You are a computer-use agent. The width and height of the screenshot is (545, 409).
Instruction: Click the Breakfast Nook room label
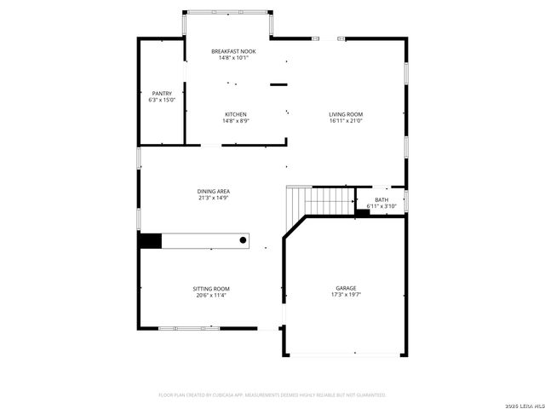[233, 52]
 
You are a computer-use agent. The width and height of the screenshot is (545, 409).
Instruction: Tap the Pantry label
[162, 94]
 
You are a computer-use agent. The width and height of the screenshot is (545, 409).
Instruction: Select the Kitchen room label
[236, 114]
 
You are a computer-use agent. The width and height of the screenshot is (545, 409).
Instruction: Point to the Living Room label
[346, 114]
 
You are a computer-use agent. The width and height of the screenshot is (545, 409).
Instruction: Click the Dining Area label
[214, 191]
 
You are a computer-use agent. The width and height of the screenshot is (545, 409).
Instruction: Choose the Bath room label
[381, 199]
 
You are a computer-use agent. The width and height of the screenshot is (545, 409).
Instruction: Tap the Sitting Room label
[212, 289]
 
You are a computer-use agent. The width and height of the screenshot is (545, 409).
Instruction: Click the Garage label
[345, 288]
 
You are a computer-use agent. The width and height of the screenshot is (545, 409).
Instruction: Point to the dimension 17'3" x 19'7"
[345, 295]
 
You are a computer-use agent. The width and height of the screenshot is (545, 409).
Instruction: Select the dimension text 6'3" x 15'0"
[162, 101]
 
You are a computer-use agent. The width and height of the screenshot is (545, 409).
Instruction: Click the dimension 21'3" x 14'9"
[214, 198]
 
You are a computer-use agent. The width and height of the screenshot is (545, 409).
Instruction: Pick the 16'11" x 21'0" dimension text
[346, 121]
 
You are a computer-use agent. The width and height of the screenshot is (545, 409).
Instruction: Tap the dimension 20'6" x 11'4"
[212, 296]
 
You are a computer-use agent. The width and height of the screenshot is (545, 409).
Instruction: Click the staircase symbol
[319, 201]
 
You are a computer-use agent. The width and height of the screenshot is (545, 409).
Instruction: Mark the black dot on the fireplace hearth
[243, 241]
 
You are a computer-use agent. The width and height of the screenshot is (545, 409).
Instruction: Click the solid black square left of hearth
[150, 241]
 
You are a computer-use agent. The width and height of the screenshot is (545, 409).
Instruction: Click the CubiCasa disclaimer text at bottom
[272, 395]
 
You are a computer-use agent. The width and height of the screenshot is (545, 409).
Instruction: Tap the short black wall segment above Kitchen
[279, 84]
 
